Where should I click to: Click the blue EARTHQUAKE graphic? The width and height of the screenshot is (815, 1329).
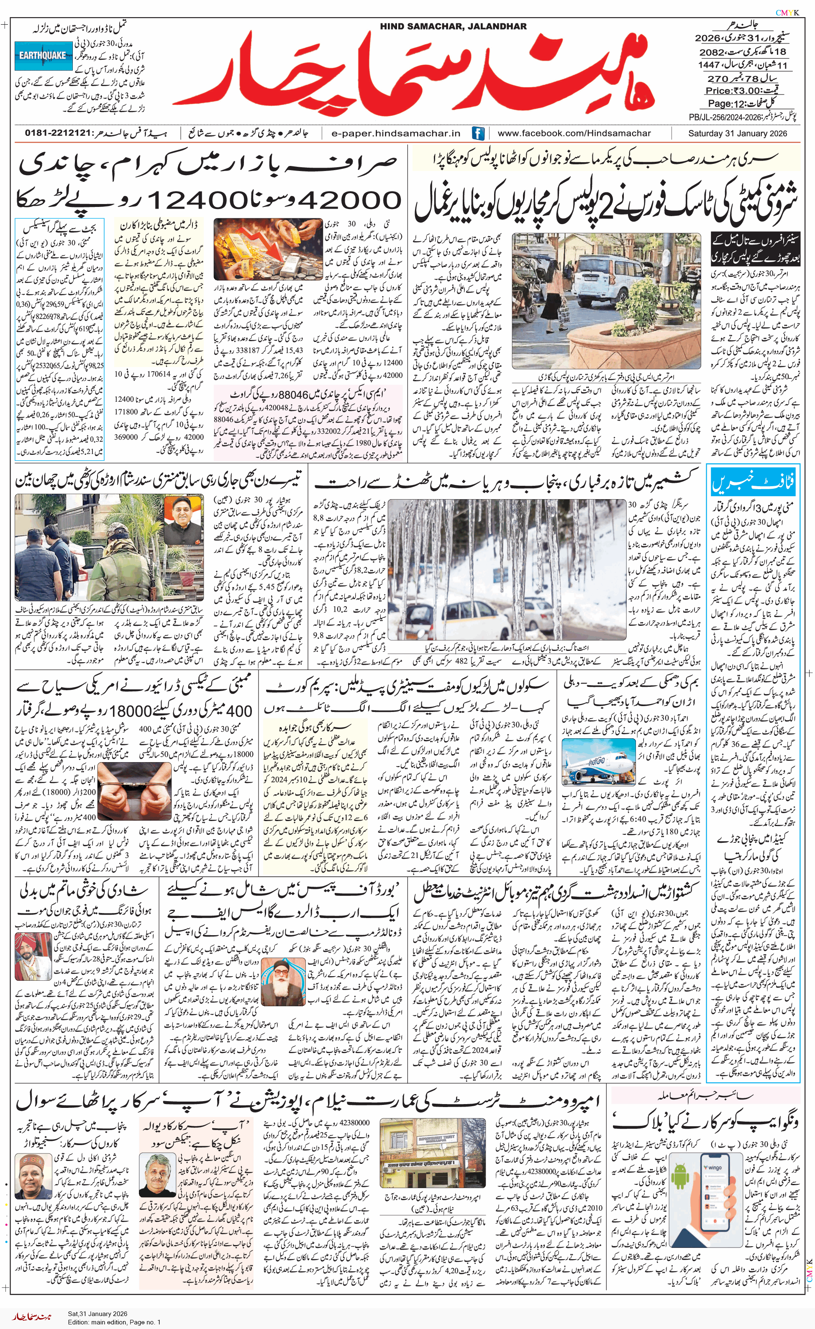click(x=43, y=56)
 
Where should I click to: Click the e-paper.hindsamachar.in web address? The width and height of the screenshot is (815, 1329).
click(x=396, y=133)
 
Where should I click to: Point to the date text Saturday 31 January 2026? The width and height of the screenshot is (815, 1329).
click(x=737, y=133)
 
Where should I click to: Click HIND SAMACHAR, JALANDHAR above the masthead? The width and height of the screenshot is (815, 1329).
click(x=454, y=26)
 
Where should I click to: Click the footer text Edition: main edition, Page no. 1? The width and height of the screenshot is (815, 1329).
click(x=114, y=1321)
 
